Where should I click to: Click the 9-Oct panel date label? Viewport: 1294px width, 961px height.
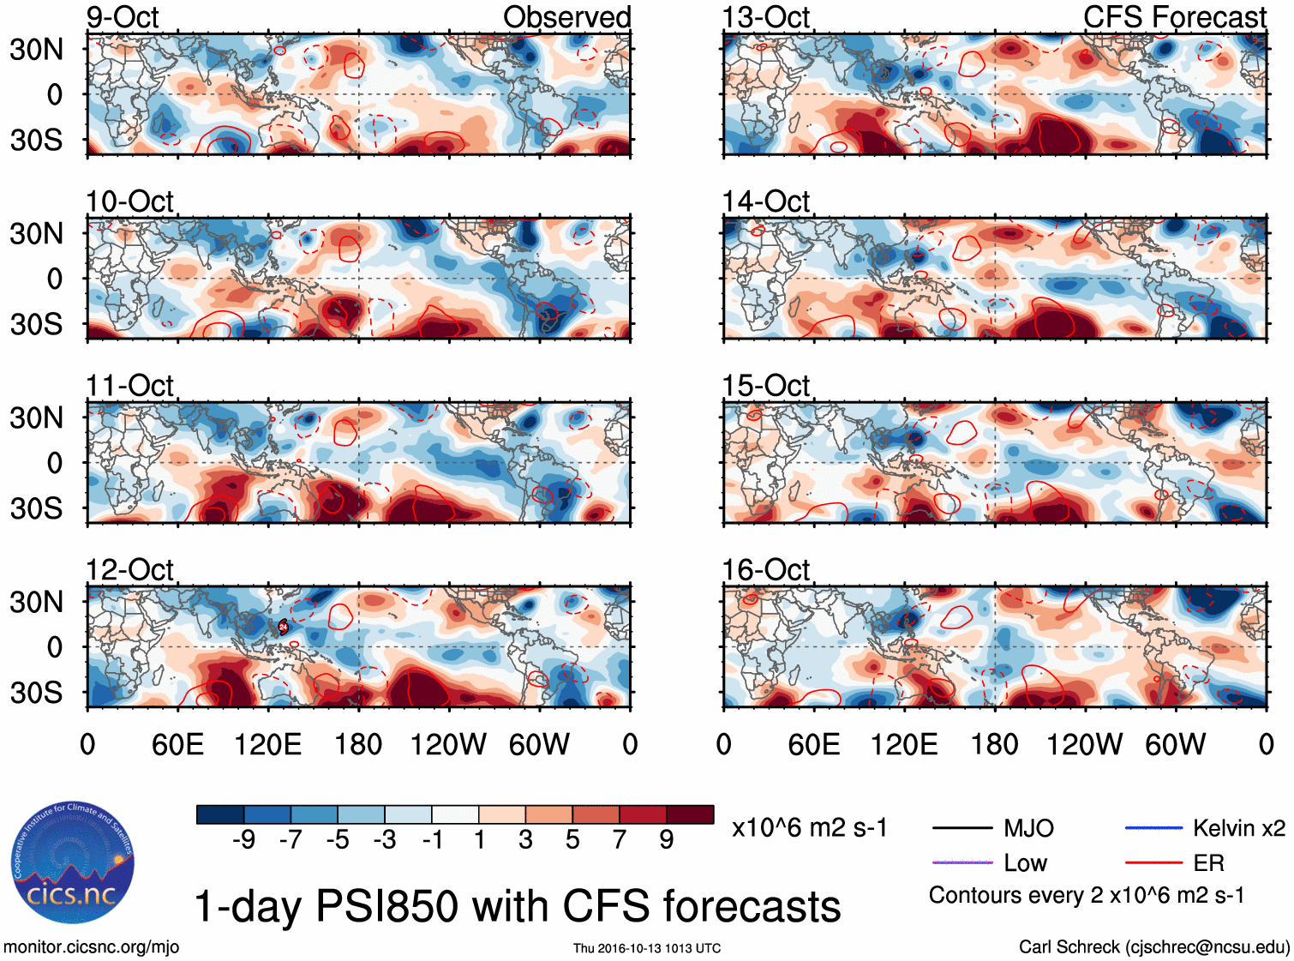pos(123,17)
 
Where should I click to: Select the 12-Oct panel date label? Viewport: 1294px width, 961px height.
pos(129,570)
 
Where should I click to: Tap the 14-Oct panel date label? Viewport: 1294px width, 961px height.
pos(765,201)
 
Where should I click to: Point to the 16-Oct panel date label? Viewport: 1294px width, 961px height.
pos(765,570)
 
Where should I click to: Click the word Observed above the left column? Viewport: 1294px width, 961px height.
pos(566,17)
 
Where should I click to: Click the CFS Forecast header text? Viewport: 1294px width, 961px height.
pos(1174,17)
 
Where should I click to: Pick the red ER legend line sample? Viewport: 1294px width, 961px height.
pos(1153,862)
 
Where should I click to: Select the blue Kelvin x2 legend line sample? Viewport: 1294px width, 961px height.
pos(1153,828)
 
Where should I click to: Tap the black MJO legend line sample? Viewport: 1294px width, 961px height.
pos(962,828)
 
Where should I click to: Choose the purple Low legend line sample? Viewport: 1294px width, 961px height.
pos(962,862)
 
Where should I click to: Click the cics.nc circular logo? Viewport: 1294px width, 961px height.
pos(73,863)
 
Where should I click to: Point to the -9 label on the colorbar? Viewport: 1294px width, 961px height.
pos(243,840)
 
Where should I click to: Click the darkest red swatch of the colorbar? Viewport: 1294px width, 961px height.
pos(690,814)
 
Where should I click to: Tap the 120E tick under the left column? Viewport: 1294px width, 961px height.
pos(268,744)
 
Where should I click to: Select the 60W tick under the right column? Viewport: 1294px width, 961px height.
pos(1175,744)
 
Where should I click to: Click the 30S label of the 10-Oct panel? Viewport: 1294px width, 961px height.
pos(36,324)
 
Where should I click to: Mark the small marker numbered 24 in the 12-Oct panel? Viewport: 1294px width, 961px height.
pos(283,627)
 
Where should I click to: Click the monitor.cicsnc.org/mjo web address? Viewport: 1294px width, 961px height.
pos(92,946)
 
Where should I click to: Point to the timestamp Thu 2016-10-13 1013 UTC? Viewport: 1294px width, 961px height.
pos(647,948)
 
